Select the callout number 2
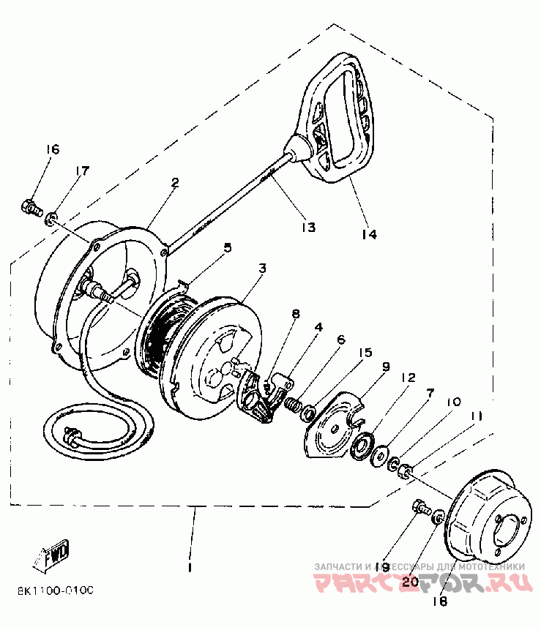tap(176, 183)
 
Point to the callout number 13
tap(307, 227)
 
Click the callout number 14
tap(368, 234)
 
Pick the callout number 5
tap(228, 247)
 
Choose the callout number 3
tap(261, 269)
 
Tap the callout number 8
tap(295, 315)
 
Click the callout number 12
tap(407, 378)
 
